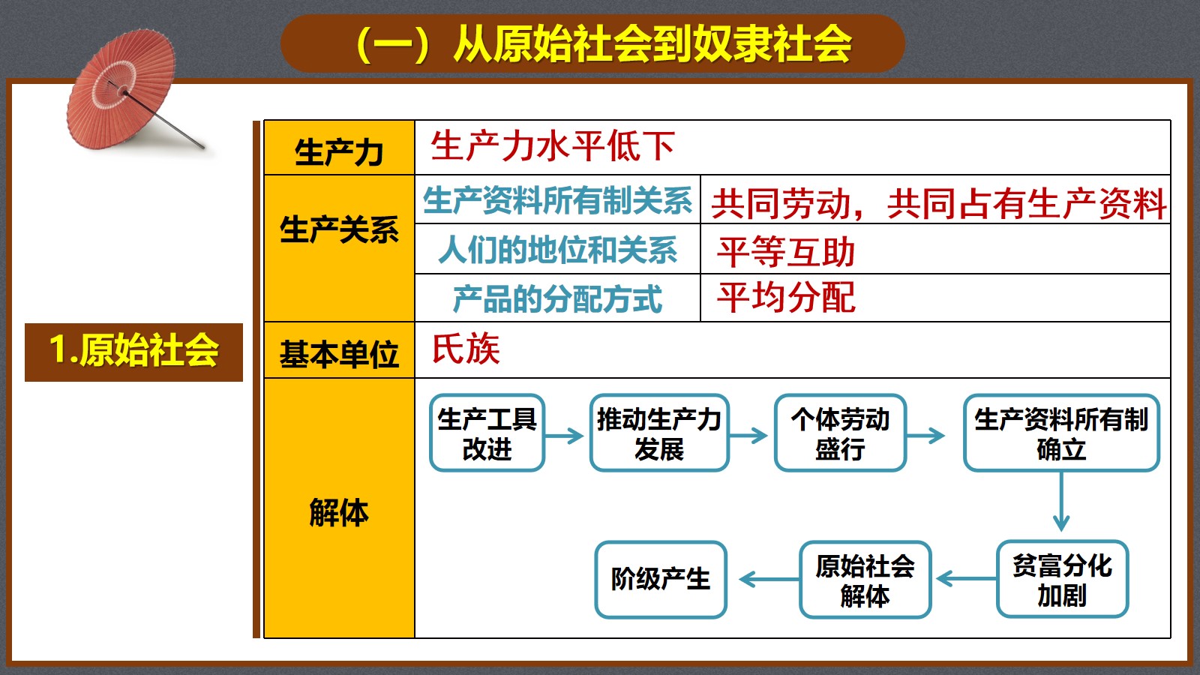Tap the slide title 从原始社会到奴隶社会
(x=652, y=44)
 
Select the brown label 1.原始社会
(x=134, y=352)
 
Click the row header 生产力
(x=339, y=153)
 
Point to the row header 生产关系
(x=339, y=230)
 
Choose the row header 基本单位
(x=339, y=354)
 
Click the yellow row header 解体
(x=339, y=513)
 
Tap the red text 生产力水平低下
(x=553, y=146)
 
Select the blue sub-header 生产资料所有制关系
(x=558, y=201)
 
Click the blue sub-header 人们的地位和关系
(x=558, y=250)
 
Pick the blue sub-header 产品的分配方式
(x=558, y=299)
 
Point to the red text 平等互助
(x=786, y=252)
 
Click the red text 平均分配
(x=786, y=298)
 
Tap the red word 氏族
(x=466, y=349)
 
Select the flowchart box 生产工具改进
(x=487, y=433)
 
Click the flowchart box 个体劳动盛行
(x=840, y=433)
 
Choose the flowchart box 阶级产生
(x=661, y=579)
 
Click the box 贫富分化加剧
(x=1062, y=579)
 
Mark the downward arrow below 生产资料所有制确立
(x=1061, y=502)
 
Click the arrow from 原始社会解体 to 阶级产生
(x=769, y=579)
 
